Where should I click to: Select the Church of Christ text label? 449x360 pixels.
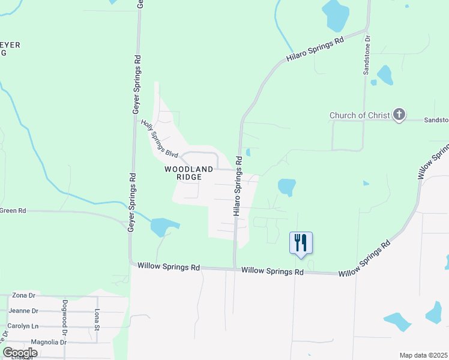(x=360, y=115)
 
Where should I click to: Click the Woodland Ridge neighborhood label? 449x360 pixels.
(x=189, y=173)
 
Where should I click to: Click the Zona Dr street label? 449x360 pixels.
(x=24, y=296)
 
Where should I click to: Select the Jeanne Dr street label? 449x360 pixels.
(x=22, y=311)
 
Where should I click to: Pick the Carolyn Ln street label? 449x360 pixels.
(x=23, y=326)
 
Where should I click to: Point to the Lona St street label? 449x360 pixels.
(x=96, y=320)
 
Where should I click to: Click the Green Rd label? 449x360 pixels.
(x=13, y=211)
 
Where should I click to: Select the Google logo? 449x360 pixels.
(x=20, y=353)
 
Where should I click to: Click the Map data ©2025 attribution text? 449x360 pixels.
(x=423, y=355)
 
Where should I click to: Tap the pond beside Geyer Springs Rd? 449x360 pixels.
(x=163, y=227)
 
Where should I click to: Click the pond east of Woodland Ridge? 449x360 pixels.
(x=286, y=187)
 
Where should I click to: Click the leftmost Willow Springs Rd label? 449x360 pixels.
(x=168, y=266)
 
